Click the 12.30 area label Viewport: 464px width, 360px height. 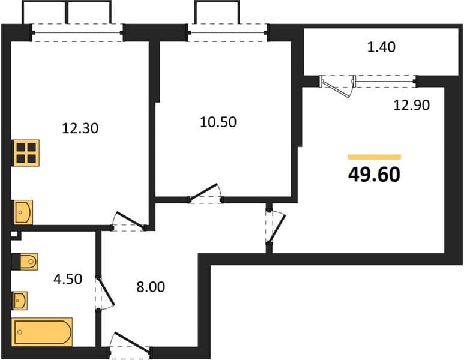tap(80, 128)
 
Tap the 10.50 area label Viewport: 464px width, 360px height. tap(218, 122)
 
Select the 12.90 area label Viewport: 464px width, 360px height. tap(411, 105)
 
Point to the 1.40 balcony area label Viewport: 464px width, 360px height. tap(381, 47)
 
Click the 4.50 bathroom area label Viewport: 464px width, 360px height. tap(68, 279)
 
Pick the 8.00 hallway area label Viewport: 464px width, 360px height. tap(151, 287)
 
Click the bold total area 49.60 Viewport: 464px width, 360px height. tap(375, 174)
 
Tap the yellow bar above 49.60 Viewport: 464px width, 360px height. tap(375, 157)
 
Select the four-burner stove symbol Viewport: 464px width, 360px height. tap(26, 153)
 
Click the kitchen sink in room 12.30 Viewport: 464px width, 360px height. tap(23, 212)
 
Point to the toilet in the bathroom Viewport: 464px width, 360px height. tap(29, 262)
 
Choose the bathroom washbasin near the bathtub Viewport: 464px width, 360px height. tap(20, 301)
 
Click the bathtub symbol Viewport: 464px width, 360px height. tap(42, 332)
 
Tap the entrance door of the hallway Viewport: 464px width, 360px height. tap(131, 344)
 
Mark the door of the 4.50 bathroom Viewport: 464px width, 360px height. tap(105, 293)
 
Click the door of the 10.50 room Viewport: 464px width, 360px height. tap(205, 193)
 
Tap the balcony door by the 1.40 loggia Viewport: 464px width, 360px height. tap(337, 85)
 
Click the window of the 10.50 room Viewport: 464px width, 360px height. tap(228, 32)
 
